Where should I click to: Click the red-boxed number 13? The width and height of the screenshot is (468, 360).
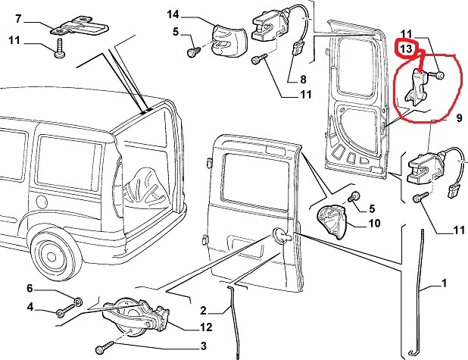pyautogui.click(x=407, y=49)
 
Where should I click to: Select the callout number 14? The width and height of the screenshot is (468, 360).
pyautogui.click(x=173, y=14)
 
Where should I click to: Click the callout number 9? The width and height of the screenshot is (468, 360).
pyautogui.click(x=459, y=117)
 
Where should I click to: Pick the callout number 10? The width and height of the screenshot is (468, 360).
pyautogui.click(x=373, y=223)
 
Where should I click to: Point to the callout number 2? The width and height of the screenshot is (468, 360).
pyautogui.click(x=203, y=310)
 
